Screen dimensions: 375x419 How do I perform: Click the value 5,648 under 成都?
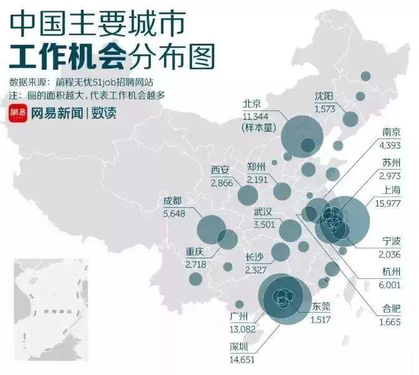[175, 212]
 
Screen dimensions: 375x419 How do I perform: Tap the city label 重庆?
[196, 253]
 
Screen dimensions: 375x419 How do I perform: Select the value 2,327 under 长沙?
[256, 270]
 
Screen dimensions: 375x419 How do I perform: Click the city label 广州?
[239, 316]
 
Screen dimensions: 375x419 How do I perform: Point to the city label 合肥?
[391, 309]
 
